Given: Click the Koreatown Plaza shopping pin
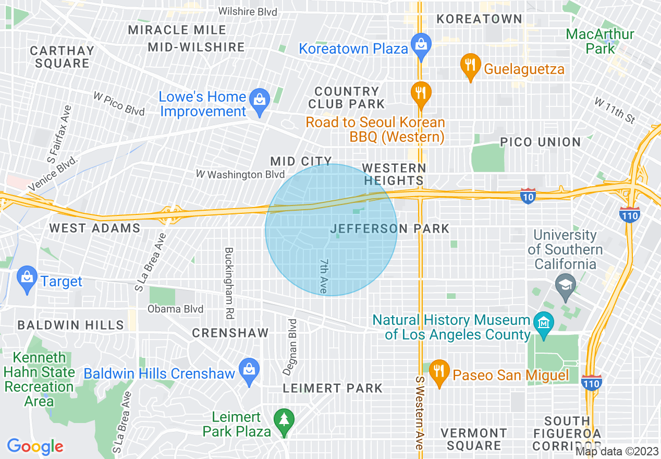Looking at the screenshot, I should [x=420, y=45].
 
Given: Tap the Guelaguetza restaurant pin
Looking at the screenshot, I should [x=470, y=66].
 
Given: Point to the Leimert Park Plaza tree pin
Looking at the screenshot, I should [x=285, y=420].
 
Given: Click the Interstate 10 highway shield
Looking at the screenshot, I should [x=528, y=196].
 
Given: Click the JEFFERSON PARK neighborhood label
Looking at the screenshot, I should [x=390, y=228].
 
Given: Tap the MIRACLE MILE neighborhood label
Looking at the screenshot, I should [x=177, y=30].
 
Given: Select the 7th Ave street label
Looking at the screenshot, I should [x=324, y=276].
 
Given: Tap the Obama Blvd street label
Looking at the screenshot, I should [x=175, y=309].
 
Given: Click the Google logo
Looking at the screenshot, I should [x=35, y=446].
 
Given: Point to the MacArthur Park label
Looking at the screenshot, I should [x=600, y=41].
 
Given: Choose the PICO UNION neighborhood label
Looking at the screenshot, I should [x=540, y=142].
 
